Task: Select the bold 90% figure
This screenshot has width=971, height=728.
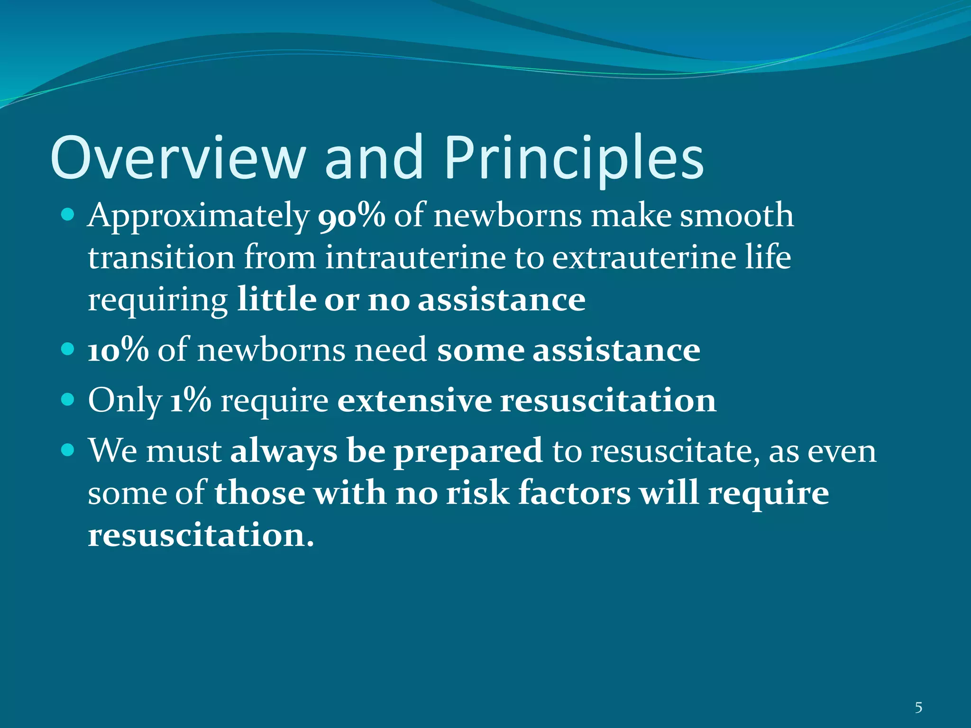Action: (x=351, y=216)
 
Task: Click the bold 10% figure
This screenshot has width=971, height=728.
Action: (x=118, y=350)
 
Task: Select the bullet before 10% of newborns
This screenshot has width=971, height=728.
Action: (x=68, y=350)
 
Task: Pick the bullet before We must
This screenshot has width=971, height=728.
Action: (x=68, y=450)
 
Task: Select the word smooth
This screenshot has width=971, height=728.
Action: (x=737, y=216)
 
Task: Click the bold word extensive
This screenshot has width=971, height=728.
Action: (x=414, y=400)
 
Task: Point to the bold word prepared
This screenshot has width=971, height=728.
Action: (x=468, y=451)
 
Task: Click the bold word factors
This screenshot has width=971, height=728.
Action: (x=574, y=493)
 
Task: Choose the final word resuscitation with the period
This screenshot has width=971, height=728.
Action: (x=201, y=535)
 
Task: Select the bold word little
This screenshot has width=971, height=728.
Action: (x=276, y=300)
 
